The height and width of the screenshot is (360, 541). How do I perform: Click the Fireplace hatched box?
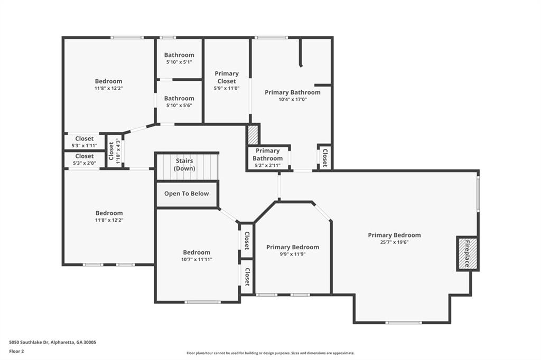tap(468, 254)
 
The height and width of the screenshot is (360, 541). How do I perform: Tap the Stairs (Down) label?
tap(184, 165)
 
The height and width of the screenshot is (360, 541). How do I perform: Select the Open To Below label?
tap(186, 194)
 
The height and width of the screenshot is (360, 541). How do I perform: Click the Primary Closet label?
tap(226, 77)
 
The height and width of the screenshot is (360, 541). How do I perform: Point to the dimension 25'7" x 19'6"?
tap(394, 242)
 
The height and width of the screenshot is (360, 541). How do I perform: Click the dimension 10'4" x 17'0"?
tap(293, 100)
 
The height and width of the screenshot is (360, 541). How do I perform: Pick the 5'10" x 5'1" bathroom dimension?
tap(179, 62)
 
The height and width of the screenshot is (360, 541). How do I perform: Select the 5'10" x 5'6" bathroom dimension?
tap(179, 106)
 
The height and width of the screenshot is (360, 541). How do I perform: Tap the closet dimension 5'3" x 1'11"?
tap(84, 146)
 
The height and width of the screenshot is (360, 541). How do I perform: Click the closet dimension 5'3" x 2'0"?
tap(84, 163)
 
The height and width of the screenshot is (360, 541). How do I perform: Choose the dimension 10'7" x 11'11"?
tap(197, 260)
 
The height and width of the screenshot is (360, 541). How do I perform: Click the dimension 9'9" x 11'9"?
tap(293, 254)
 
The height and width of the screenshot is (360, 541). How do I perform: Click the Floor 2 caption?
tap(16, 352)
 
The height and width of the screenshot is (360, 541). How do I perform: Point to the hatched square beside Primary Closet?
tap(253, 135)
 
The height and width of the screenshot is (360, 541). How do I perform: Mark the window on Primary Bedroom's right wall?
tap(478, 193)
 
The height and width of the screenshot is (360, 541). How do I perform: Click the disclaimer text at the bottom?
tap(270, 353)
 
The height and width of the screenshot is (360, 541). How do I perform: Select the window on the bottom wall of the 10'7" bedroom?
tap(202, 302)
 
